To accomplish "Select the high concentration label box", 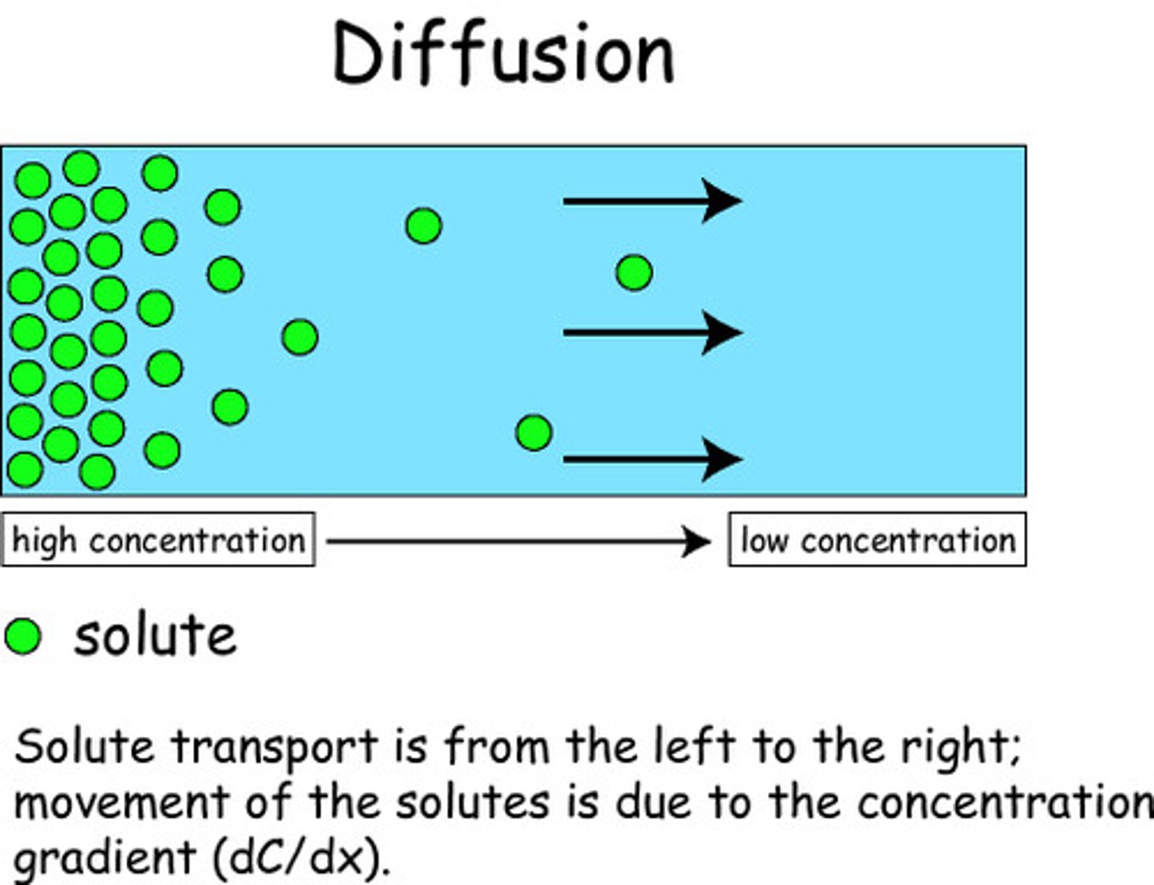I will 158,541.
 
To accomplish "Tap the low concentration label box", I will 877,541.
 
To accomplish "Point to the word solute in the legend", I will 155,637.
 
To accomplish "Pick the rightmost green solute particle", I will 634,273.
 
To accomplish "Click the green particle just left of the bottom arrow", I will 534,433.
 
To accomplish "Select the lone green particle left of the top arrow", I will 424,226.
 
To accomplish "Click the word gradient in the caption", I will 104,857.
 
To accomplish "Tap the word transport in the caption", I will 275,747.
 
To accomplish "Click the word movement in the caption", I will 121,803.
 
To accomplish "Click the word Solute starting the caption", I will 84,747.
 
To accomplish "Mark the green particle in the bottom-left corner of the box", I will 24,469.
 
